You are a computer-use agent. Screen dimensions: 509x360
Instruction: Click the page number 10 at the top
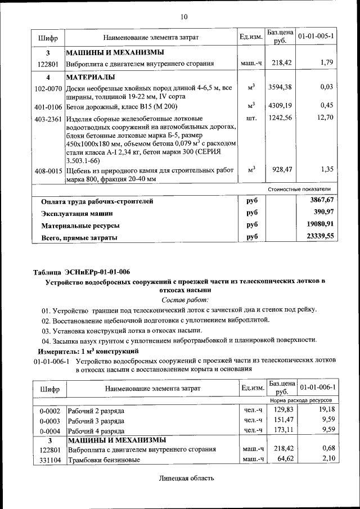click(x=184, y=17)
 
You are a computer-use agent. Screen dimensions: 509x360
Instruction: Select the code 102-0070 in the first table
click(x=48, y=88)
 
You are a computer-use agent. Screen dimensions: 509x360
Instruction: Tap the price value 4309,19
click(x=279, y=105)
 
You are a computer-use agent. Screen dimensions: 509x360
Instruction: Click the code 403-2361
click(x=48, y=119)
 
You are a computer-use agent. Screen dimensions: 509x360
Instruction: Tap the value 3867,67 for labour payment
click(x=322, y=200)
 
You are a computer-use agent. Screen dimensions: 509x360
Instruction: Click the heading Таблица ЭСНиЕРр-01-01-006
click(x=82, y=272)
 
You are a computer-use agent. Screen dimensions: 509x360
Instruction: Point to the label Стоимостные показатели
click(x=303, y=189)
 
